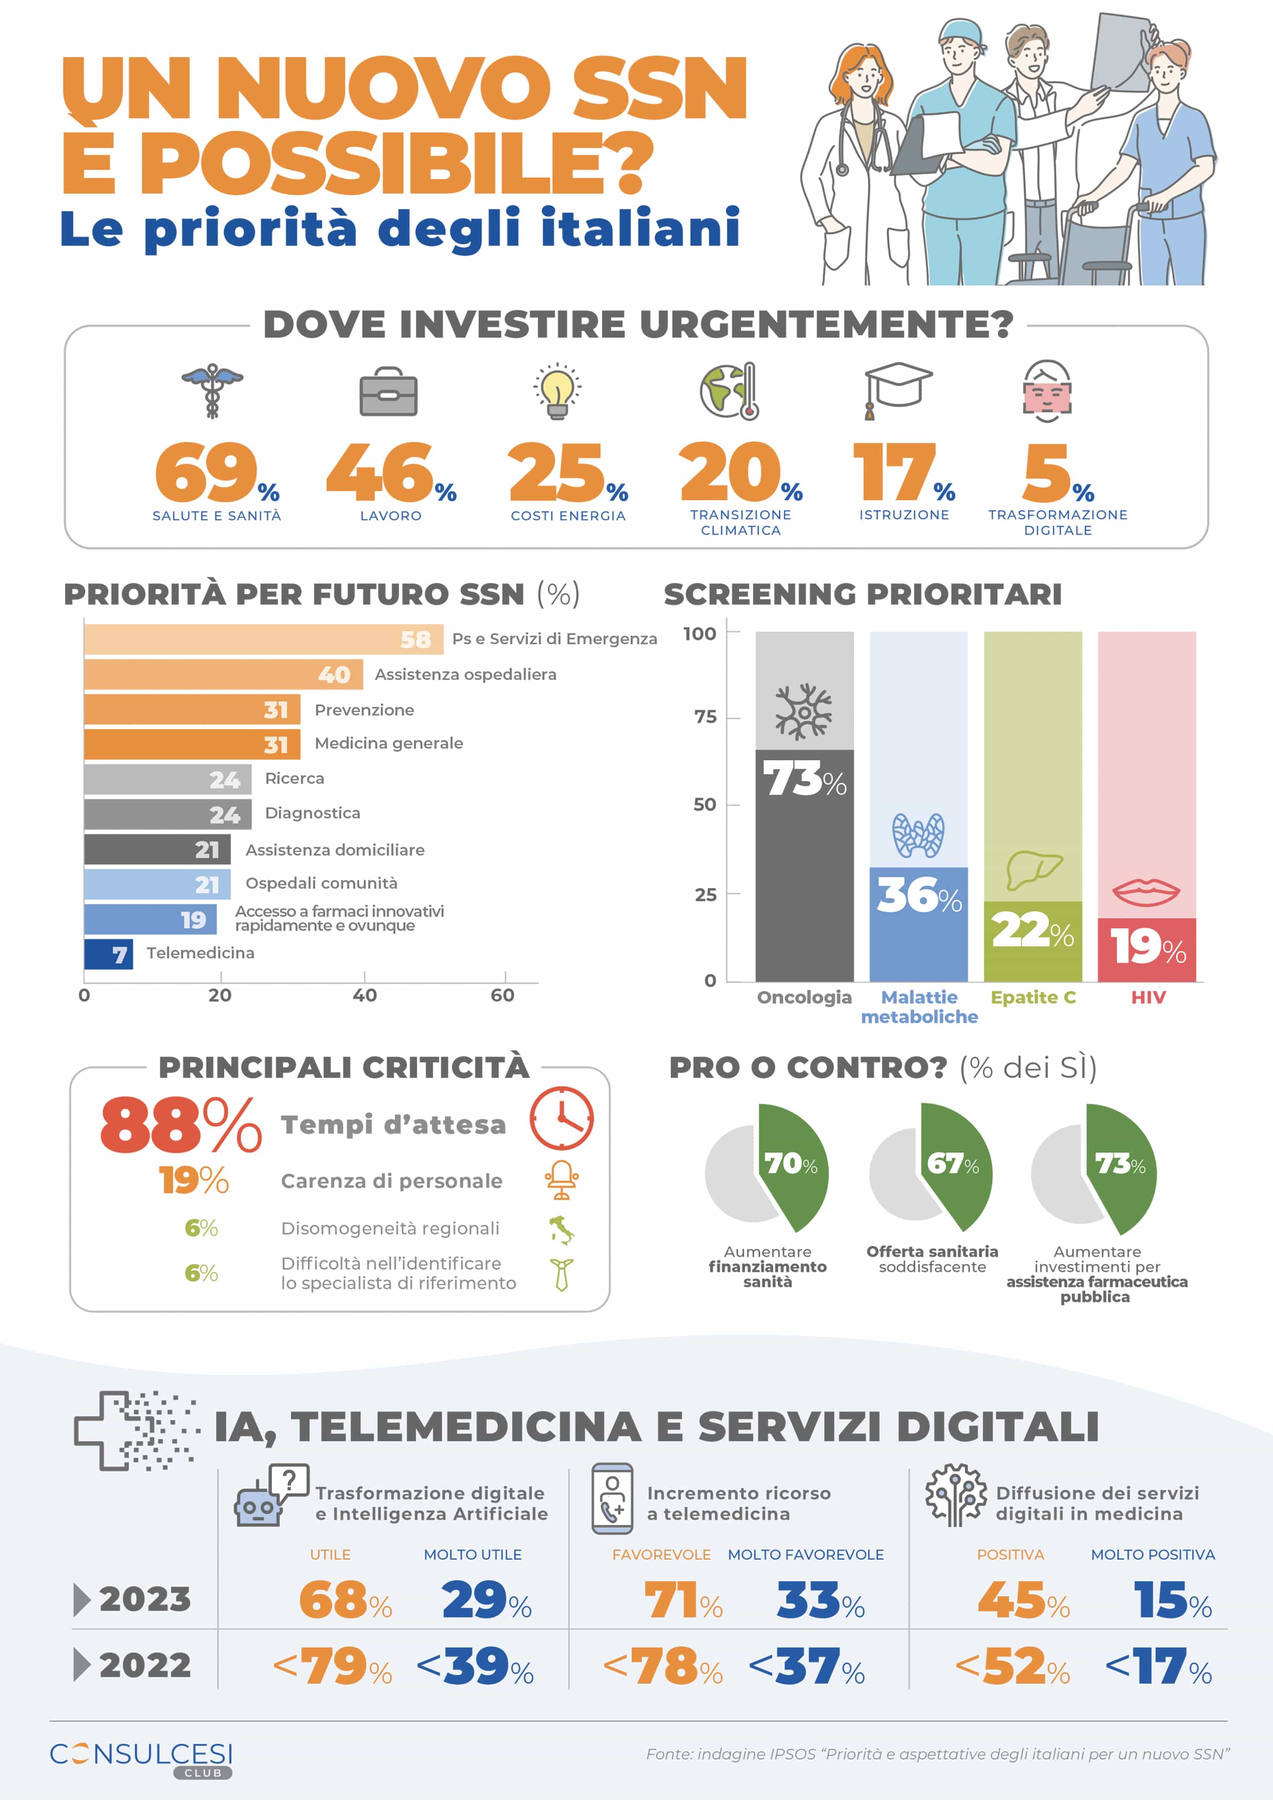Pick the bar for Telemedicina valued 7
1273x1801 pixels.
(108, 954)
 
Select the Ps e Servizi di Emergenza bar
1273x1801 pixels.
(263, 639)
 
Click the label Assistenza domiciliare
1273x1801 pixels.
(335, 850)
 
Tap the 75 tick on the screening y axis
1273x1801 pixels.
(705, 717)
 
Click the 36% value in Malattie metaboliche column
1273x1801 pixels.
(918, 896)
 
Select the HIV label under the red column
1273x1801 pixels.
(1148, 997)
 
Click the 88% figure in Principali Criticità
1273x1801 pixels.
(180, 1125)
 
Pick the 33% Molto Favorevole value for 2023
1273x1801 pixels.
(820, 1600)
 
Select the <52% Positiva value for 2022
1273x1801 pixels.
(1013, 1667)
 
